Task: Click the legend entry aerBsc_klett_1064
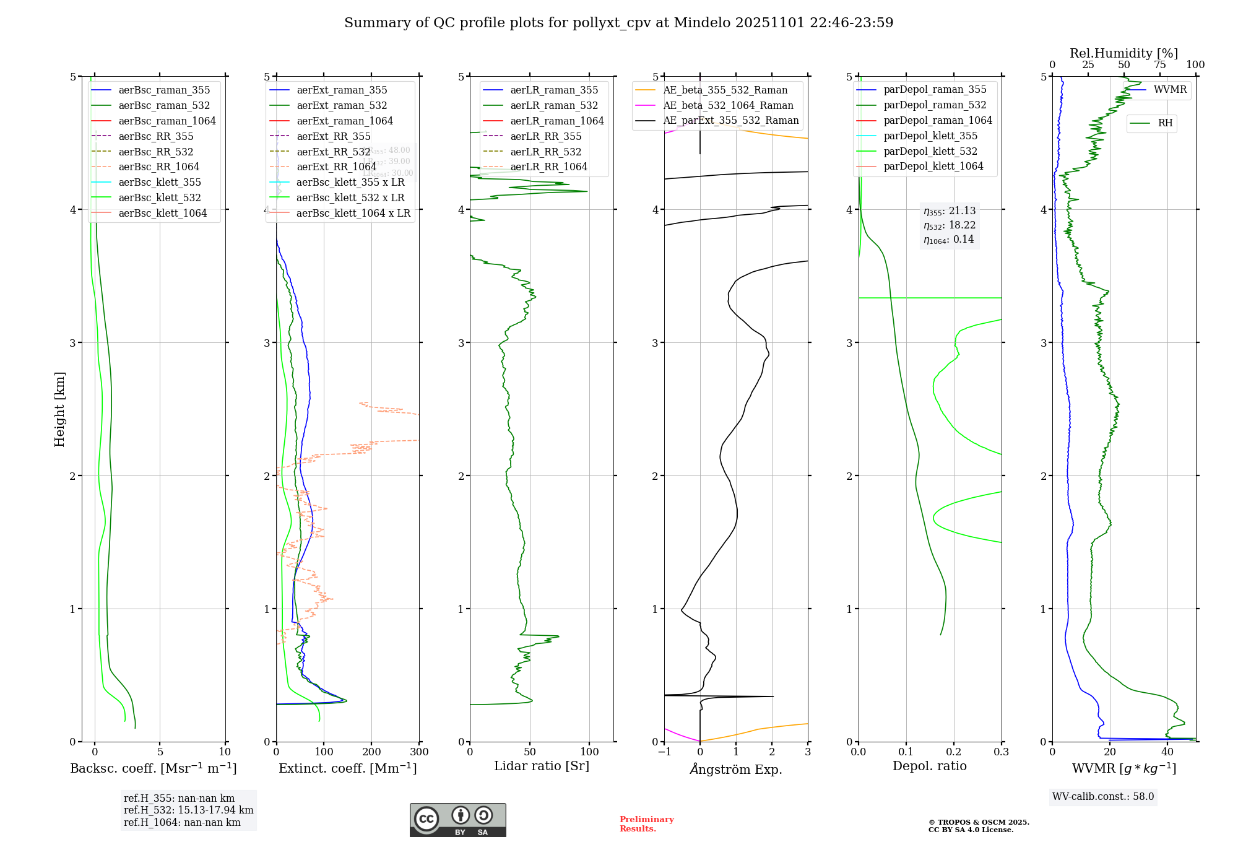162,213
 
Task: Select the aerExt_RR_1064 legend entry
336,167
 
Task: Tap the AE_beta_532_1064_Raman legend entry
728,105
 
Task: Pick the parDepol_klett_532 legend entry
930,151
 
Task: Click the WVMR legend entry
1170,90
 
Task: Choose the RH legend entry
1165,123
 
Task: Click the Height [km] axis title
59,409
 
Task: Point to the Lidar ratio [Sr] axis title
542,766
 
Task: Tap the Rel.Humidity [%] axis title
1123,53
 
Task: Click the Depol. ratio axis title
929,766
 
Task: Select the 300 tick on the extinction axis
419,752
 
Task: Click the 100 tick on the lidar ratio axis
589,752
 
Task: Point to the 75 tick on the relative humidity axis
1159,65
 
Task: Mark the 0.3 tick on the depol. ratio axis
1001,752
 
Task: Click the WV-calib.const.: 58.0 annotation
1103,796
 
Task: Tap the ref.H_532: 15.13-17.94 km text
188,810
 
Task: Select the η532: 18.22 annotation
950,225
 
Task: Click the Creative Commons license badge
457,820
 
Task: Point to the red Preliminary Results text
646,824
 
